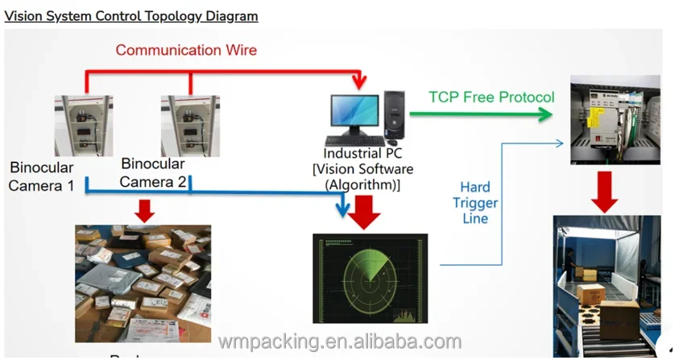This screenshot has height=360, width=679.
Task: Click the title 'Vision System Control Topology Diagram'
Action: (x=131, y=15)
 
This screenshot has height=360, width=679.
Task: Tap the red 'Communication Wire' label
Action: (x=186, y=50)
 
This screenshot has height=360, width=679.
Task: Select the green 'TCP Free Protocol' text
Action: (x=491, y=97)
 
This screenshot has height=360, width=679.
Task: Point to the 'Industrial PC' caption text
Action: (x=363, y=153)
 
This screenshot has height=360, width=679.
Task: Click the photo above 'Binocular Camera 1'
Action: (x=84, y=126)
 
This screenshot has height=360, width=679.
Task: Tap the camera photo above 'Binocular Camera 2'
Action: (x=190, y=126)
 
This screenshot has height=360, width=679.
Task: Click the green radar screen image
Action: (x=370, y=278)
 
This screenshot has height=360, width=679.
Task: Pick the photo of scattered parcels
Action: (x=143, y=283)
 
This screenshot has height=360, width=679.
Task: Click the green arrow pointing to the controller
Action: (x=481, y=114)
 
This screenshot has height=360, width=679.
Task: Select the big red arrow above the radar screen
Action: (x=370, y=211)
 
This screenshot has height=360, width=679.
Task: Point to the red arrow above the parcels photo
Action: (x=144, y=211)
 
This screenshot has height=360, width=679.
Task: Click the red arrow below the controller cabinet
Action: (x=606, y=190)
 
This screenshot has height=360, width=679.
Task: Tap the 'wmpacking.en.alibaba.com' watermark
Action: (x=339, y=341)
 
